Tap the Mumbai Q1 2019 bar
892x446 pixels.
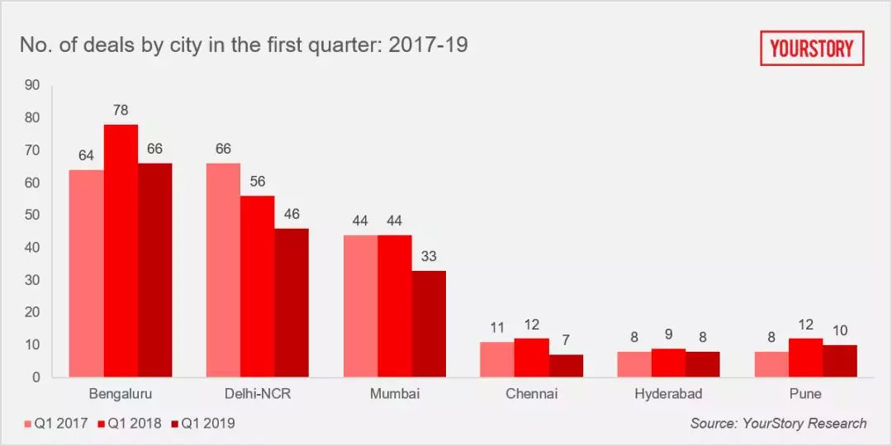point(429,324)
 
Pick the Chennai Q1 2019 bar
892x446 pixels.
point(566,366)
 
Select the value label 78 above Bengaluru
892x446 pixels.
point(121,110)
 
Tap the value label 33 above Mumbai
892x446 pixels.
point(429,257)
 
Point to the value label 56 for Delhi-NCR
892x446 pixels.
point(258,182)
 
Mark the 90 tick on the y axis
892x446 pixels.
point(32,84)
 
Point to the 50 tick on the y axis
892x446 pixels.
point(32,215)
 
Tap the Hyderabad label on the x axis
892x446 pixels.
point(668,394)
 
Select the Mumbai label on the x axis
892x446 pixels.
point(395,394)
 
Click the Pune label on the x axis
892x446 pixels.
point(805,394)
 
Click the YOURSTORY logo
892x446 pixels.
point(812,49)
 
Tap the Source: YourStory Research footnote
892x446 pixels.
point(778,423)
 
